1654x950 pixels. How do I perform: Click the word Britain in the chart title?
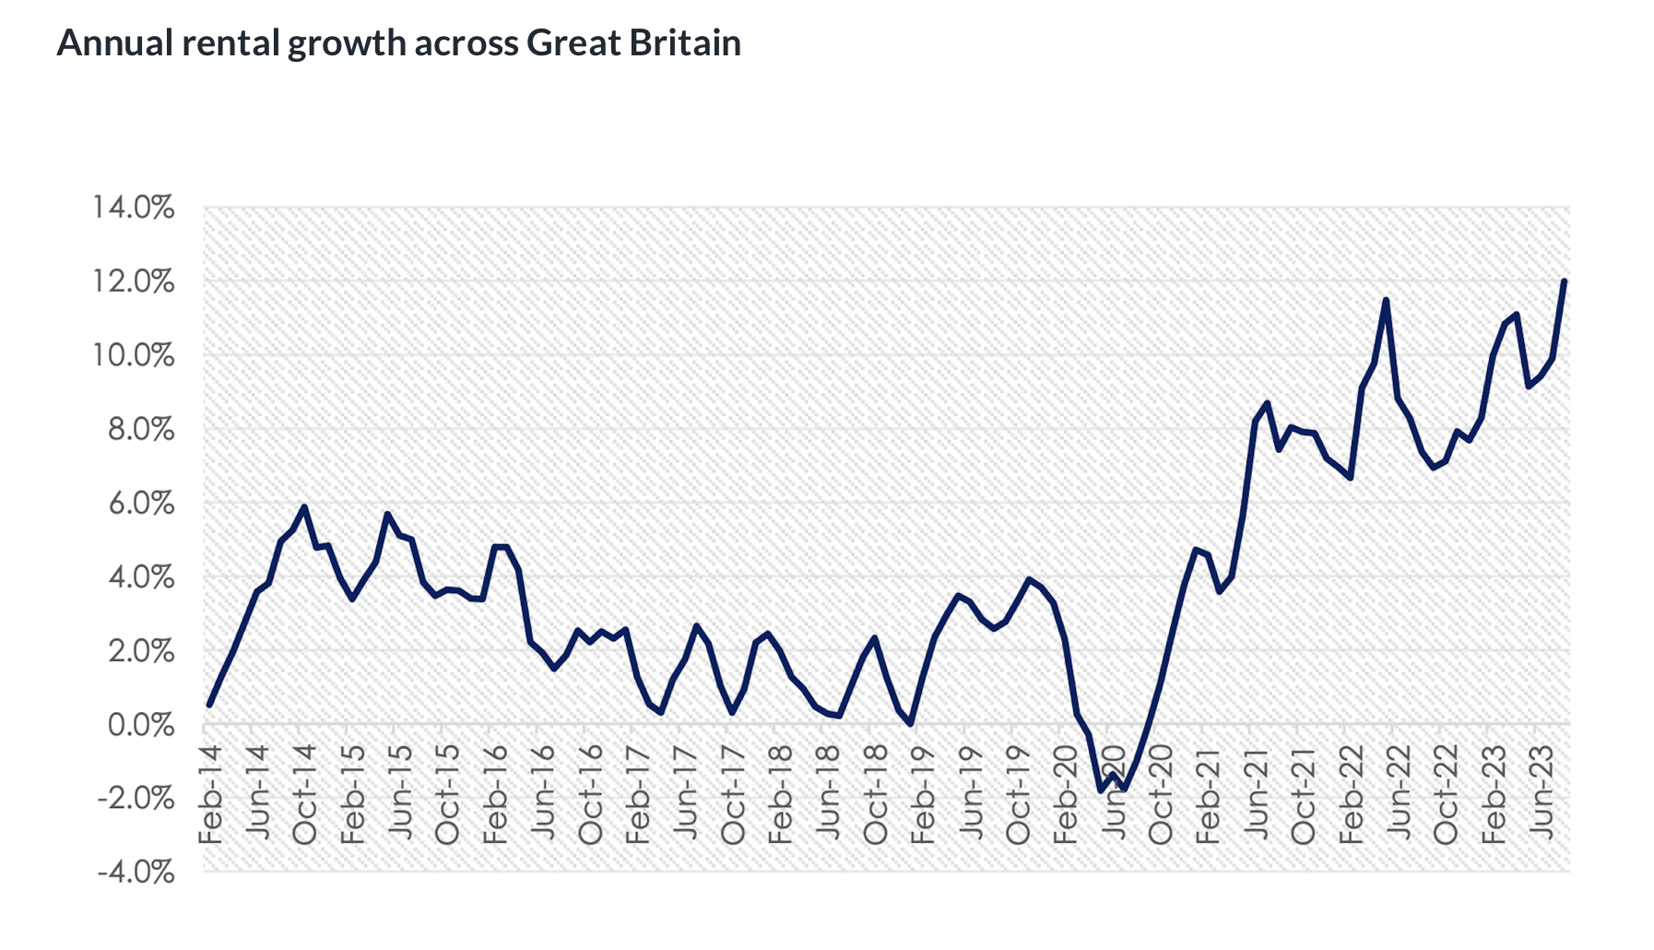[685, 42]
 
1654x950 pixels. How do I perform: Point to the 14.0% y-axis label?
[134, 208]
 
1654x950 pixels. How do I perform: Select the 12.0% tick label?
[134, 281]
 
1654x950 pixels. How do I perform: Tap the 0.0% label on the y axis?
[141, 725]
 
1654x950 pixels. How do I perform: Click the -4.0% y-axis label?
[136, 873]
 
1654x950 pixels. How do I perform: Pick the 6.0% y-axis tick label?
[141, 504]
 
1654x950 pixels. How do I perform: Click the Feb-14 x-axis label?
[211, 794]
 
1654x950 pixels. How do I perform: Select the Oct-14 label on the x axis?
[305, 794]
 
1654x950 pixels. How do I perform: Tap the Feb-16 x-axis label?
[496, 794]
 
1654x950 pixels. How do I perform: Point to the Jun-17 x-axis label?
[686, 794]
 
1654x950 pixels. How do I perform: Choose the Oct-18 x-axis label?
[876, 794]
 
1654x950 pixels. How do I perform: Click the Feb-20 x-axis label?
[1066, 794]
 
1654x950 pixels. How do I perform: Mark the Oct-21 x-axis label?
[1304, 794]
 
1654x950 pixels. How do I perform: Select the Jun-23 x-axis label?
[1542, 794]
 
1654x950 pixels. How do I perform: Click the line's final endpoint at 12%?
[1565, 281]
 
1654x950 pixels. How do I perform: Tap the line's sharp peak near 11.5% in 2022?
[1386, 300]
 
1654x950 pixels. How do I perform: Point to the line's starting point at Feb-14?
[209, 706]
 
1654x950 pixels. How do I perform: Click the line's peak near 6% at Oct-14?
[304, 506]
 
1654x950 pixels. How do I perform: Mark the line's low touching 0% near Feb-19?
[911, 724]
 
